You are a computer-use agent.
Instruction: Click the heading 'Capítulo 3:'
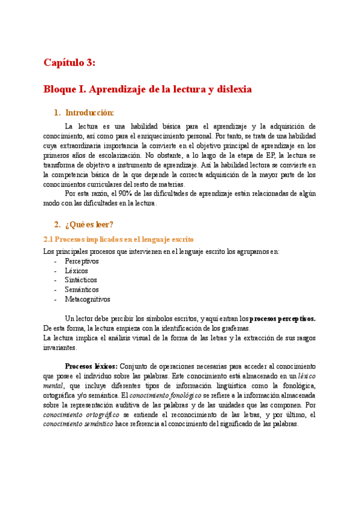(69, 62)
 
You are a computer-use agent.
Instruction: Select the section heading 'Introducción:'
(89, 112)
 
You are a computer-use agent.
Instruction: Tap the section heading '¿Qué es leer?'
(89, 224)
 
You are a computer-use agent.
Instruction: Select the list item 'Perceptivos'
(82, 262)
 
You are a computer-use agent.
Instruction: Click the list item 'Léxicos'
(77, 271)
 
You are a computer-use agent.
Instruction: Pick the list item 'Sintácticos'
(81, 280)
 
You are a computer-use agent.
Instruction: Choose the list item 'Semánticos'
(82, 290)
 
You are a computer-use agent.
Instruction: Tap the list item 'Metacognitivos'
(88, 300)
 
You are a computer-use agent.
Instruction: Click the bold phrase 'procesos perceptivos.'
(283, 319)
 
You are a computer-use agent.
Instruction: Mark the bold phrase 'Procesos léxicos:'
(92, 366)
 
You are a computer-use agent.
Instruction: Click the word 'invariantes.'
(60, 348)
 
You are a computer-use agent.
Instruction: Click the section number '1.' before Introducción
(57, 112)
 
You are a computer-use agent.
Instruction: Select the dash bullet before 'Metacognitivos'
(55, 300)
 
